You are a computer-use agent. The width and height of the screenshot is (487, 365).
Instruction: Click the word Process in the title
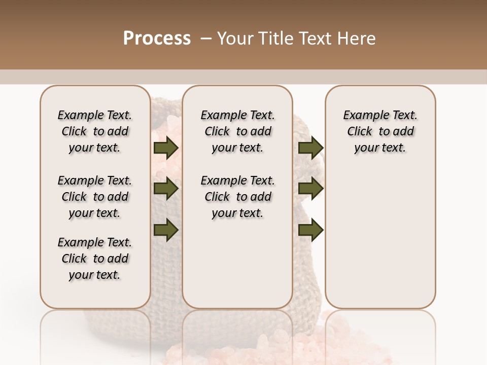(157, 39)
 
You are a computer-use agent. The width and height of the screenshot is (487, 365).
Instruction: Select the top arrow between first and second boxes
(166, 148)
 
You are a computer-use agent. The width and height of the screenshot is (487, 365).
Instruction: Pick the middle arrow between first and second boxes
(166, 189)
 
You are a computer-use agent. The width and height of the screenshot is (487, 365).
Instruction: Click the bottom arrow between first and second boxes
(166, 230)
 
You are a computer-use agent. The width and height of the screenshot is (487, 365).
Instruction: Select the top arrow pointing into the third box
(310, 148)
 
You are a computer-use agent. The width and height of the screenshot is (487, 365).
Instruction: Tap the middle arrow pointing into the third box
(310, 189)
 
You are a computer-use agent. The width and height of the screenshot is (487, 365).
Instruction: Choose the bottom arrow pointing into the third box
(310, 230)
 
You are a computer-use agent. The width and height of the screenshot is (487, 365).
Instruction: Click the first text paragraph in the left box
(94, 131)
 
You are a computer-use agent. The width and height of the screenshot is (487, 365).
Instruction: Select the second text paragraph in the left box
(94, 197)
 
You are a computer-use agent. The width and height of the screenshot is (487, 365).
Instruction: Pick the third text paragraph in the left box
(94, 259)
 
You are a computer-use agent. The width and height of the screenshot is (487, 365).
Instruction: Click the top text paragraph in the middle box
(237, 131)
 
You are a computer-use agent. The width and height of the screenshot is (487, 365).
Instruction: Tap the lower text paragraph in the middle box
(237, 197)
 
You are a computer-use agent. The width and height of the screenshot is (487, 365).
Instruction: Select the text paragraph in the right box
(380, 131)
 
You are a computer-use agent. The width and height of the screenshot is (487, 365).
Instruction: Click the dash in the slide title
(206, 39)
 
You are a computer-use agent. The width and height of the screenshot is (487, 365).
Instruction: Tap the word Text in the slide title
(312, 39)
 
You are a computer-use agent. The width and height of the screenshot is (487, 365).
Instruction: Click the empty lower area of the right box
(380, 238)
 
